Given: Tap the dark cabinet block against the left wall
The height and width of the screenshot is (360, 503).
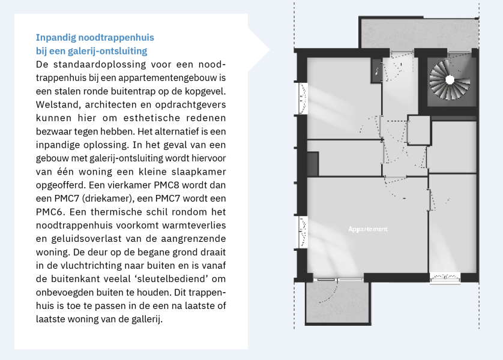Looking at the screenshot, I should pyautogui.click(x=312, y=163).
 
